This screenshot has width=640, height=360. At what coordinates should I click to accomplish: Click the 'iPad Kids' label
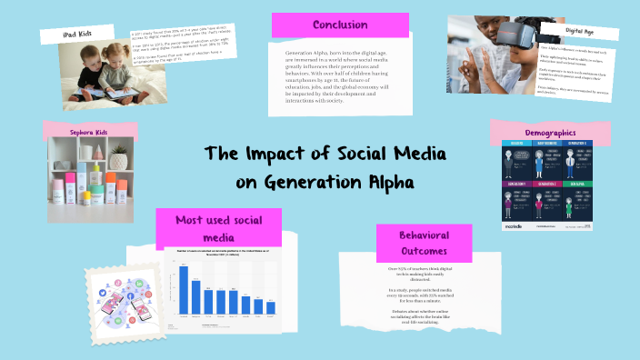click(76, 34)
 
